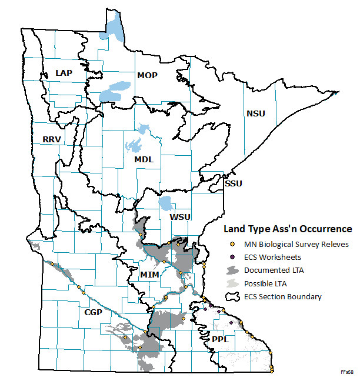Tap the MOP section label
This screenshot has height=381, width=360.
coord(147,75)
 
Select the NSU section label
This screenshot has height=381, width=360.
coord(256,113)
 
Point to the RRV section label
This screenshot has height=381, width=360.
coord(52,139)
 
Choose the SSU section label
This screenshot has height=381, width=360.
coord(234,183)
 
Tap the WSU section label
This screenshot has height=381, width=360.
coord(180,217)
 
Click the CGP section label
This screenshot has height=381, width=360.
coord(93,312)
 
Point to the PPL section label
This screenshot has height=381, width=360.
coord(220,339)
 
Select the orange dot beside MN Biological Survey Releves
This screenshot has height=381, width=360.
coord(232,244)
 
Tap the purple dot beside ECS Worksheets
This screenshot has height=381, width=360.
coord(232,257)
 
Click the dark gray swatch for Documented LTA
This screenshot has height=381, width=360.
coord(232,270)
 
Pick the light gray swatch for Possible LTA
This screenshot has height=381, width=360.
coord(232,283)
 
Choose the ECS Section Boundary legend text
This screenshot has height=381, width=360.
coord(283,296)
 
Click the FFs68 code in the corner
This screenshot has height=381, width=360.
coord(346,372)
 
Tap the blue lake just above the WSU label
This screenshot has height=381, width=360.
coord(166,204)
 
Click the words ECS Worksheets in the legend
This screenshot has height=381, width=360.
coord(273,257)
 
